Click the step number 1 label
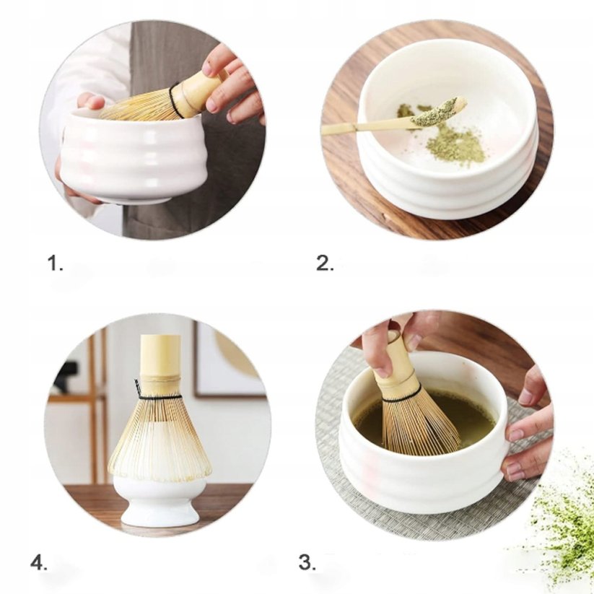(x=56, y=264)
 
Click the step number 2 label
(x=325, y=264)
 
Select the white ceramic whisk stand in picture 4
(x=160, y=502)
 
